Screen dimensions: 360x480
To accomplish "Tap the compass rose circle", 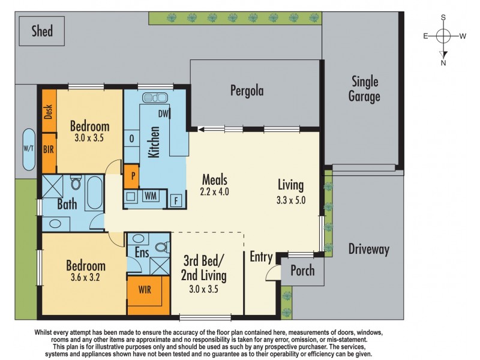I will [443, 36].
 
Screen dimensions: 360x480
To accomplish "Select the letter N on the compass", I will [443, 62].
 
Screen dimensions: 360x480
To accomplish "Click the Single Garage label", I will [365, 89].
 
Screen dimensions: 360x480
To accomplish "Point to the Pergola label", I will [247, 91].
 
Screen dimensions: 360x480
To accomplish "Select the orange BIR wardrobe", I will [49, 150].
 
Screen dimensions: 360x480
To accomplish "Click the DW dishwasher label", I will [163, 113].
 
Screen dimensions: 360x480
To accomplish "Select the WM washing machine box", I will [150, 196].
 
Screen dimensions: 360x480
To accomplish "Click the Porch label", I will [302, 271].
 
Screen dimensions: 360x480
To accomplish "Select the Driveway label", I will [369, 249].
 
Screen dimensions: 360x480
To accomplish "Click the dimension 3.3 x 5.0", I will [290, 201].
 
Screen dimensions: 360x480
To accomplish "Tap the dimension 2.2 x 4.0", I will [215, 193].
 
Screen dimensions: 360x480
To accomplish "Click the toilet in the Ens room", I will [161, 246].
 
